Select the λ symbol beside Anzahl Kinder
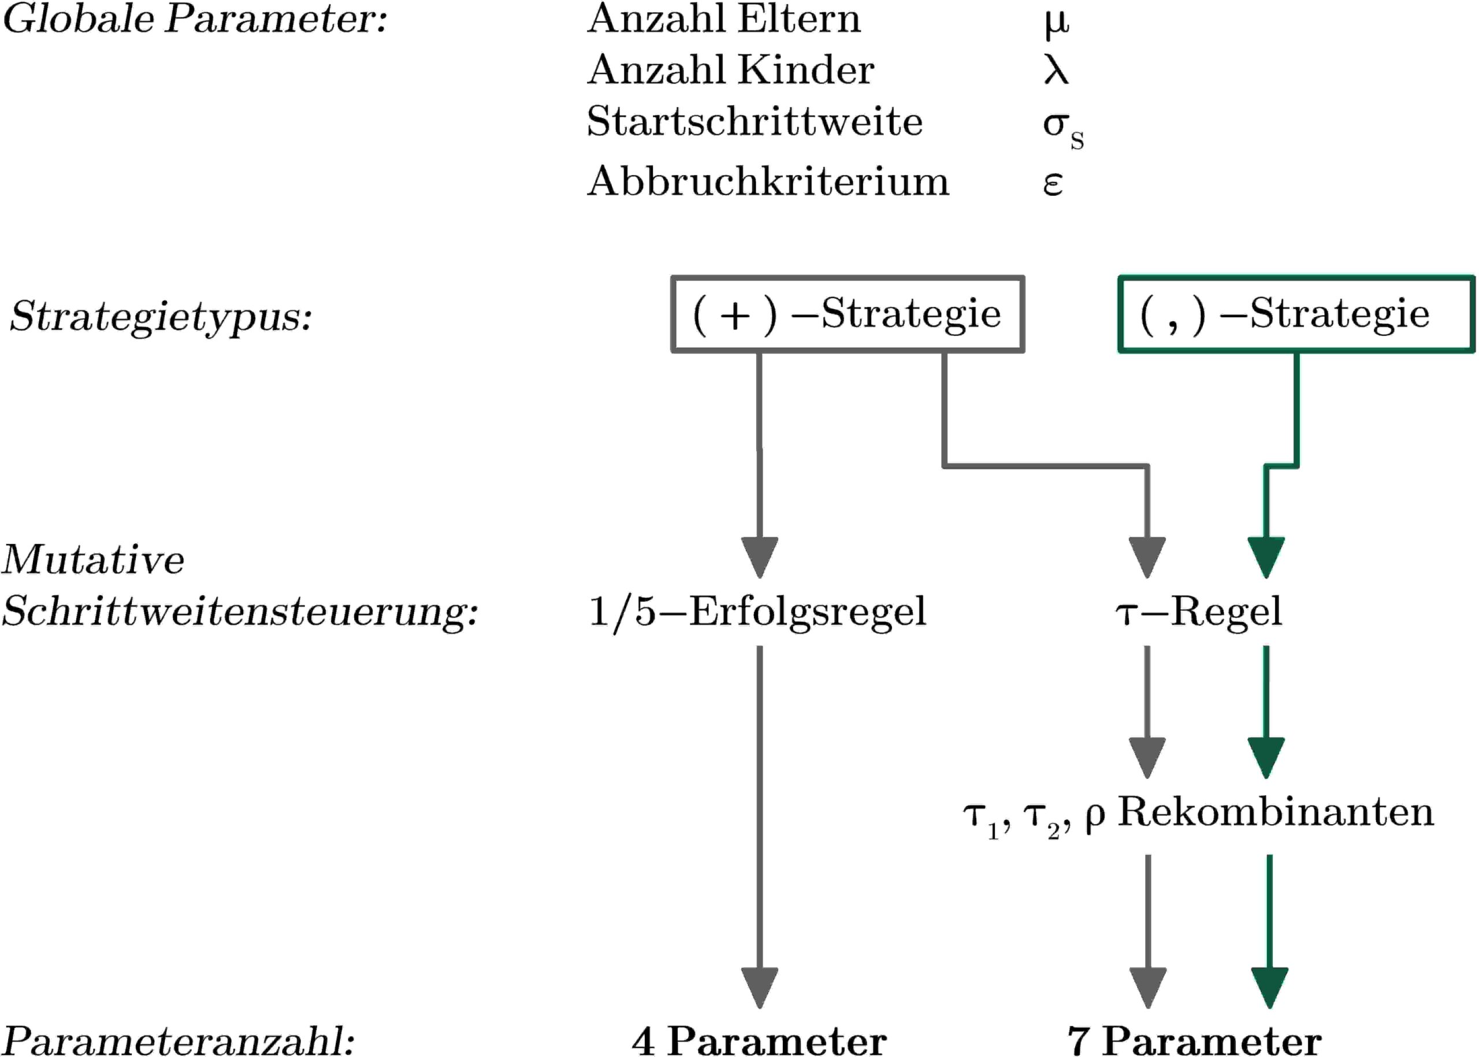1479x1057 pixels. pos(1056,71)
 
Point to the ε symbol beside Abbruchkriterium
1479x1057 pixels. pos(1053,184)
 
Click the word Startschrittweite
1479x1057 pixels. pos(754,122)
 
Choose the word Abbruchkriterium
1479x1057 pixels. pos(768,181)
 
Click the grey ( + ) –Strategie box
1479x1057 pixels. pos(847,314)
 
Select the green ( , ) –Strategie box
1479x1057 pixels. pos(1295,314)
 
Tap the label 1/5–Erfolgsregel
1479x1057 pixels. pos(757,612)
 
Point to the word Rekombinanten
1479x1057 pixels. pos(1275,813)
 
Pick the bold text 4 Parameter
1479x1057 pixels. pos(759,1040)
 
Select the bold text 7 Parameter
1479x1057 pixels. pos(1195,1040)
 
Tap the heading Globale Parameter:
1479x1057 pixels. pos(195,20)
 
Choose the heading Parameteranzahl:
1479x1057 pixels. pos(179,1040)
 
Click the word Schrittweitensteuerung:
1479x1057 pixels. pos(239,612)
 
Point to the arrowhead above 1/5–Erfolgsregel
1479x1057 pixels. pos(759,557)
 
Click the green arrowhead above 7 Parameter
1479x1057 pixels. pos(1269,987)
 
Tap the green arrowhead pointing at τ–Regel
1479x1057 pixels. pos(1266,557)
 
